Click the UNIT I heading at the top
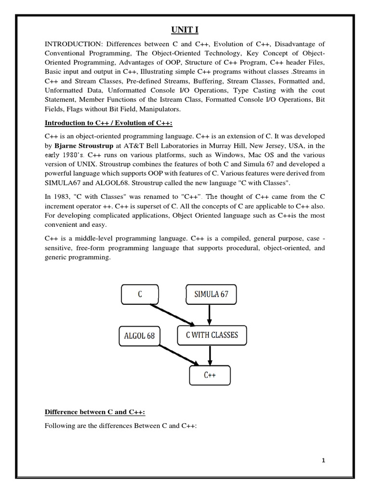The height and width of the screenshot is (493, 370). (185, 30)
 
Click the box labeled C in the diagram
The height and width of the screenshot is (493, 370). (140, 294)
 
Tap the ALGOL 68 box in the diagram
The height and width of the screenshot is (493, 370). (136, 336)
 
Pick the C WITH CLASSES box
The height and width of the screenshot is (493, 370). (211, 335)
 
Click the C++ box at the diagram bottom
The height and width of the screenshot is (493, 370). (210, 376)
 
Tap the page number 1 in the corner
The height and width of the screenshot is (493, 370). (324, 460)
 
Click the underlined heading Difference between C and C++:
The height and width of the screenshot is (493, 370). (95, 412)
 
